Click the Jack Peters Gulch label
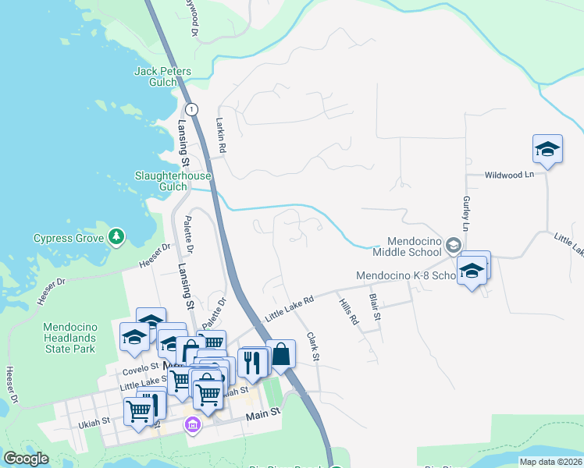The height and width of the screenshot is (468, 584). pos(162,76)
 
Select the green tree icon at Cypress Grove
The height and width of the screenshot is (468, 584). pos(116,236)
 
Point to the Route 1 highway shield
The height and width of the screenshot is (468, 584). pos(192,108)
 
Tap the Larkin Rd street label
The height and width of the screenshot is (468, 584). pos(221,134)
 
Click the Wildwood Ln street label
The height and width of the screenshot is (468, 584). pos(508,175)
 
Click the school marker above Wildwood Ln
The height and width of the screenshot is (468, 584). pos(547,149)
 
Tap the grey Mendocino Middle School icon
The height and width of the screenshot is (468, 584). pos(453,246)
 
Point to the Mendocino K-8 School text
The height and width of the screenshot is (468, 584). pos(404,276)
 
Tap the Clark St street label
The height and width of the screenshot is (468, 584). pos(314,346)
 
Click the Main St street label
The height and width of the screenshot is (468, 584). pos(263,417)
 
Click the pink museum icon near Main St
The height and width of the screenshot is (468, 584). pos(192,425)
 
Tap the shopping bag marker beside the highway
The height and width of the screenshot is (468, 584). pos(281,354)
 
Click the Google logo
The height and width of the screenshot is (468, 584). pos(27,459)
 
